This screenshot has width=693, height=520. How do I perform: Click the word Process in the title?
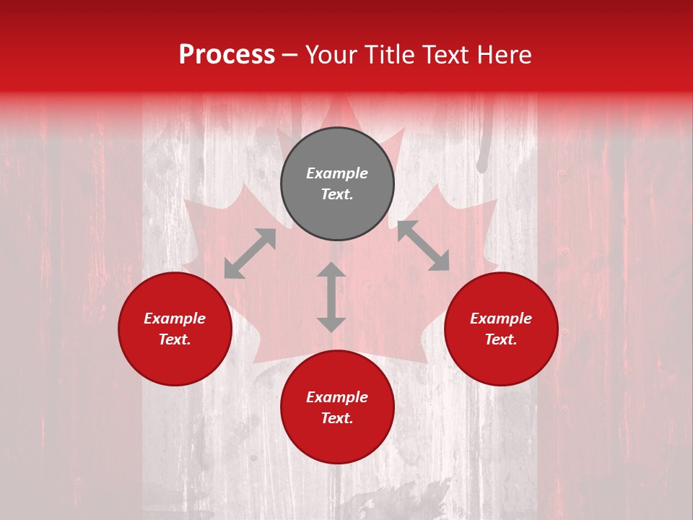(x=227, y=55)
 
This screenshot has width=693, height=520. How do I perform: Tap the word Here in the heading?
(x=502, y=55)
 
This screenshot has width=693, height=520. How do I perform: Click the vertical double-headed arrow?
(x=331, y=297)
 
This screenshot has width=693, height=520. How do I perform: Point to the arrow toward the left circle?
(x=250, y=253)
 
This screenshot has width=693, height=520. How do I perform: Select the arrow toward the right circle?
(x=423, y=246)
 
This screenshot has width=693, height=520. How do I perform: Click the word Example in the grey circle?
(x=337, y=173)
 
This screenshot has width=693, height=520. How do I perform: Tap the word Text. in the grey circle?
(x=337, y=194)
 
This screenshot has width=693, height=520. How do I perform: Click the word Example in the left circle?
(x=175, y=318)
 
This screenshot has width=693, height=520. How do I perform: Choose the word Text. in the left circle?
(x=175, y=339)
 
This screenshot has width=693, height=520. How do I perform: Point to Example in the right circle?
(x=501, y=318)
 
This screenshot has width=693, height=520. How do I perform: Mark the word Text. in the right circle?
(x=501, y=339)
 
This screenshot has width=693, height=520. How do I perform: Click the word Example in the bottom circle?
(x=337, y=397)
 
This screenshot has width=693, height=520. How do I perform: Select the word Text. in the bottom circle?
(x=337, y=418)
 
